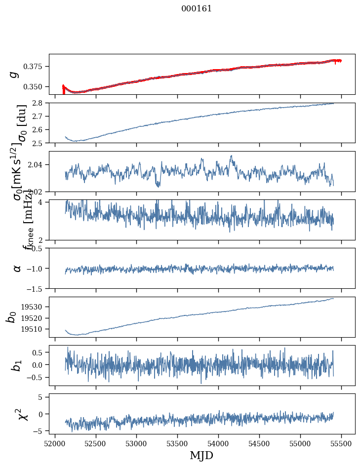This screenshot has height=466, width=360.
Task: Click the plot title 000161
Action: [197, 9]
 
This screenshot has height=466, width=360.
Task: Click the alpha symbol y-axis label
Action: [17, 268]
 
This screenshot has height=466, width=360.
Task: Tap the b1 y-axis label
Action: [17, 365]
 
